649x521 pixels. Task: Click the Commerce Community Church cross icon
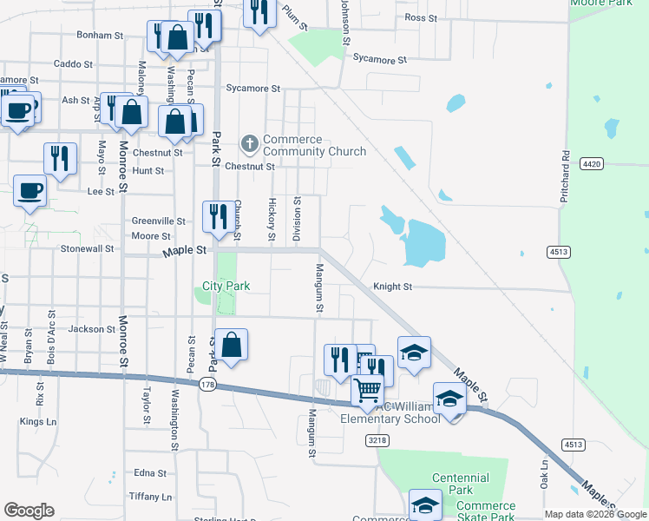click(250, 142)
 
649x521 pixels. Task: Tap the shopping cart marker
click(368, 391)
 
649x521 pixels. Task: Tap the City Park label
click(226, 286)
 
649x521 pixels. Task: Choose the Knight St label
click(392, 287)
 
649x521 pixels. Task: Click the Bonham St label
click(101, 36)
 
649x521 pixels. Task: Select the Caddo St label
click(73, 64)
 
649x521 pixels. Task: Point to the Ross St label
click(420, 17)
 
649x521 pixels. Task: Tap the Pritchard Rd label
click(565, 178)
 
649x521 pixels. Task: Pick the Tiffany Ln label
click(149, 497)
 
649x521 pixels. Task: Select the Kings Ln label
click(37, 422)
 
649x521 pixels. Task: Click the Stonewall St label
click(87, 248)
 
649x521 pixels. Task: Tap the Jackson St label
click(92, 329)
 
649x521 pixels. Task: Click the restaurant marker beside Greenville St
click(216, 215)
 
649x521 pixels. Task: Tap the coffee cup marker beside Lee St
click(29, 191)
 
